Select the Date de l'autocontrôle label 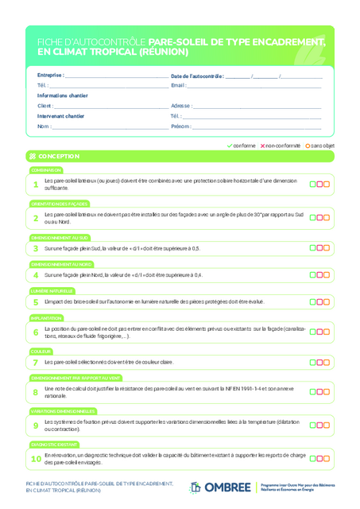(197, 76)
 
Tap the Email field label (178, 85)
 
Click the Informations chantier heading (63, 95)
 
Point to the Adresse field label (180, 106)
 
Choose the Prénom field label (180, 126)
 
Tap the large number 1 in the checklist (36, 185)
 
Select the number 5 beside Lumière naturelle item (36, 302)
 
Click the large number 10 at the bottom (36, 459)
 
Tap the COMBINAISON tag (46, 170)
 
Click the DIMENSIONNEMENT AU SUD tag (60, 237)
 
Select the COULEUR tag (41, 351)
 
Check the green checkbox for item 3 (312, 248)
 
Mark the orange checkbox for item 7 (327, 362)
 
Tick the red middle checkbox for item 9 (319, 425)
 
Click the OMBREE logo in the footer (221, 487)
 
